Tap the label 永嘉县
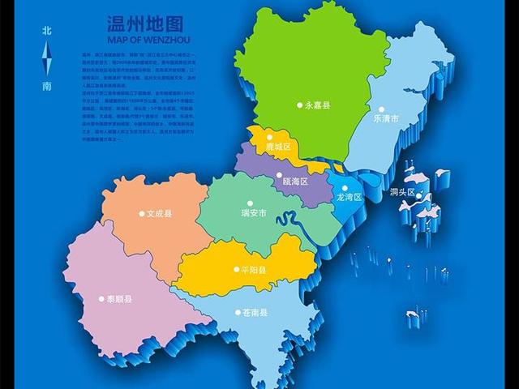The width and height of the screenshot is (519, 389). pos(319,105)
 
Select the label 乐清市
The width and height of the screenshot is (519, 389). pos(386,119)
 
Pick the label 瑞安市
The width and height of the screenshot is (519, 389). pos(255,214)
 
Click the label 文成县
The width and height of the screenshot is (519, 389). pos(160,214)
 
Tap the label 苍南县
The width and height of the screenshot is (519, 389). pos(254,312)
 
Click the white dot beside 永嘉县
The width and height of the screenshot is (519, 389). pos(300,105)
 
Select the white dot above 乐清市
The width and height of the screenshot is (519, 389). pos(380,109)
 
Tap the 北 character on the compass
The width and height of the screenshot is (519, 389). pos(47,31)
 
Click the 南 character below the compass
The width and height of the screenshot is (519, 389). pos(47,85)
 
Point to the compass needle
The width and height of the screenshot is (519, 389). pos(47,58)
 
